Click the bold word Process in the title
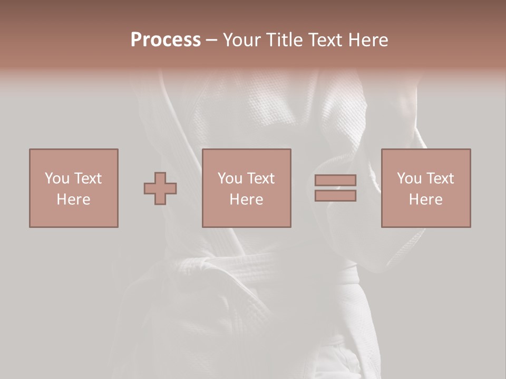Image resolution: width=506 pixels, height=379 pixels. [x=166, y=40]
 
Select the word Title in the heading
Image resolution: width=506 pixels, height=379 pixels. [x=285, y=40]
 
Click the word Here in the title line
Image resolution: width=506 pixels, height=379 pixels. [x=368, y=40]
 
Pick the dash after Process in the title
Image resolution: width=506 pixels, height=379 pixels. [x=211, y=41]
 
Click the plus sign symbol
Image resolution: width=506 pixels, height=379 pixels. [x=160, y=188]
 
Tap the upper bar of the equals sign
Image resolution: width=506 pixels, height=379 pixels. [x=335, y=180]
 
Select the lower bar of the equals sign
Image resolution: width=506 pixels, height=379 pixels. [x=335, y=196]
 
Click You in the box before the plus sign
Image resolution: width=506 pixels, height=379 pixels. [x=56, y=178]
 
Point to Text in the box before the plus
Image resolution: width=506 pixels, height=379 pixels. [x=87, y=178]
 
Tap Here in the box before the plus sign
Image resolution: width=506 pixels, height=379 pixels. [x=73, y=200]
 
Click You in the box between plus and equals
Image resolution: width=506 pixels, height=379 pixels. [x=230, y=178]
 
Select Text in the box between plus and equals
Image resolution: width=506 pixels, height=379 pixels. [x=260, y=178]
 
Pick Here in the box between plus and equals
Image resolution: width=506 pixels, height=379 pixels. [x=246, y=200]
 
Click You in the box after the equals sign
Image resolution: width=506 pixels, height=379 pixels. [x=409, y=178]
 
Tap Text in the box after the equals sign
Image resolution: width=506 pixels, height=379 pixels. [x=440, y=178]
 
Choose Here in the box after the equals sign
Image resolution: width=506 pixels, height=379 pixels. [x=425, y=200]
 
